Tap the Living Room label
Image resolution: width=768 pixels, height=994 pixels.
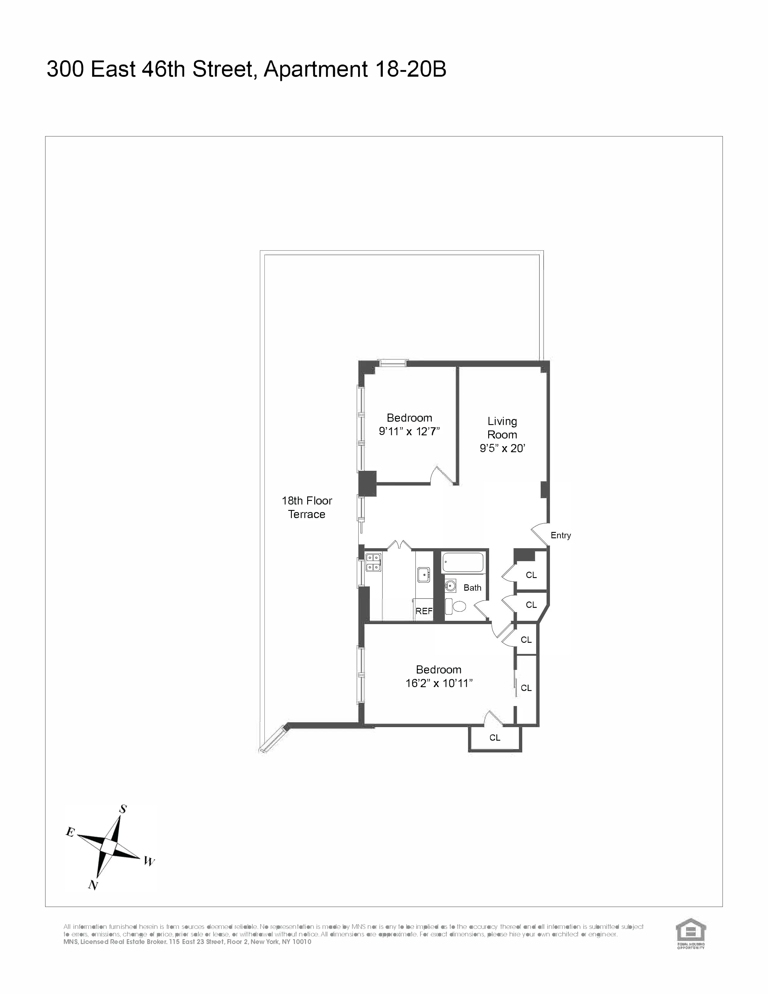(502, 428)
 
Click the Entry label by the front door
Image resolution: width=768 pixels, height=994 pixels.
(560, 536)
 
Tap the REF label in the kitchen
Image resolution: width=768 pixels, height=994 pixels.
(423, 611)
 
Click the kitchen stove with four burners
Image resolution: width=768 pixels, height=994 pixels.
(373, 562)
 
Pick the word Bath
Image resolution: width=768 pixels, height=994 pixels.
(472, 588)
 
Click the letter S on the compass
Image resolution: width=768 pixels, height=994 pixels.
(123, 809)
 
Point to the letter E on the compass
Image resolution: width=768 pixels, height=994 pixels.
(70, 833)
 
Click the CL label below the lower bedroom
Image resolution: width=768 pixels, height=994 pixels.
(495, 738)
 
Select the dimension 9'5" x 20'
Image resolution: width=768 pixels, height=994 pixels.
(502, 448)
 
